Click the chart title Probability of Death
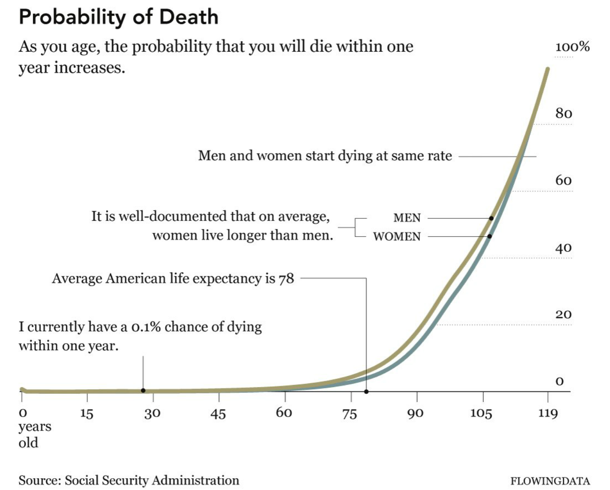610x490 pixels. (118, 17)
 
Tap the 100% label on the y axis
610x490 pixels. (572, 46)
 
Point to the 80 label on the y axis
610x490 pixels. (564, 113)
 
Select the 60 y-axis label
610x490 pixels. (564, 180)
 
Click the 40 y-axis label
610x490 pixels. (564, 248)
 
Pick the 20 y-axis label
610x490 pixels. (564, 314)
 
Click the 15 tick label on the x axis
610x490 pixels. (86, 413)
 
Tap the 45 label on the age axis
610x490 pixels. (218, 413)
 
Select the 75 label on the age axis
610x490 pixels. (350, 413)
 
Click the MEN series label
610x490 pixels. (407, 218)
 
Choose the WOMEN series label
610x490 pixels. (397, 237)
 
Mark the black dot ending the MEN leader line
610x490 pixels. (491, 218)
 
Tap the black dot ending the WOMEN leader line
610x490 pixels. (490, 236)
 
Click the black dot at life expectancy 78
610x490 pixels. (366, 392)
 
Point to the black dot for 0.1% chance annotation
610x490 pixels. (143, 390)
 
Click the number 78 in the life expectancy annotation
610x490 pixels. (286, 279)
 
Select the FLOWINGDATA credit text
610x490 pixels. (550, 481)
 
